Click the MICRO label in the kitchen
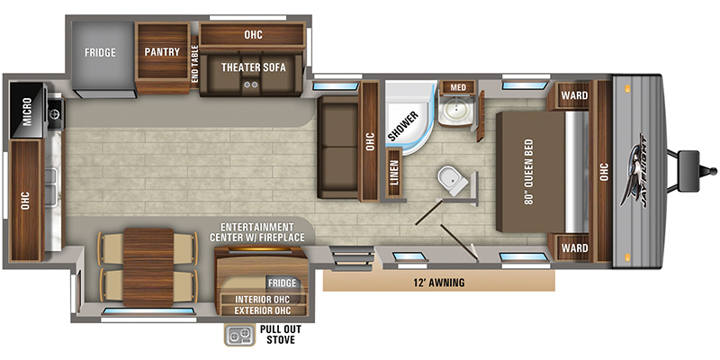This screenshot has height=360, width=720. (x=22, y=113)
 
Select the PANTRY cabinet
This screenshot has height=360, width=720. (x=162, y=52)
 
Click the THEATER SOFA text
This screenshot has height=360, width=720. (x=249, y=65)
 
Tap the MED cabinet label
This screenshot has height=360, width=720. (x=457, y=87)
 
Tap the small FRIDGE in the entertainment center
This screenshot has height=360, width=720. (x=283, y=282)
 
